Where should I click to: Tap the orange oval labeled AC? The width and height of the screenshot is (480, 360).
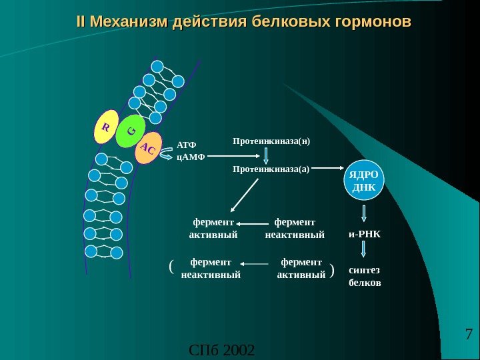149,150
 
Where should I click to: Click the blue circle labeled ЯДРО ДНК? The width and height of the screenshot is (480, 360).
363,181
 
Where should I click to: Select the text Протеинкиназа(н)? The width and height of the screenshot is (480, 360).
272,141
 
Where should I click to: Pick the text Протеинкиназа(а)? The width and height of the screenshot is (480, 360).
271,169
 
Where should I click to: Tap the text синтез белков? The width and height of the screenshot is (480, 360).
365,277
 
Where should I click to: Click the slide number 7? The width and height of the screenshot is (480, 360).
467,334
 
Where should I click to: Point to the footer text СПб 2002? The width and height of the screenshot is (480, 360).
222,349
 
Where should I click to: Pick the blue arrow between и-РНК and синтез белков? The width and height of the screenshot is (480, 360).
364,249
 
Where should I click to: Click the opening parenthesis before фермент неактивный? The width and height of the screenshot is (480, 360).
172,267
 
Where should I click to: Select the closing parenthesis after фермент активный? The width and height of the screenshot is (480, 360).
332,270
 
